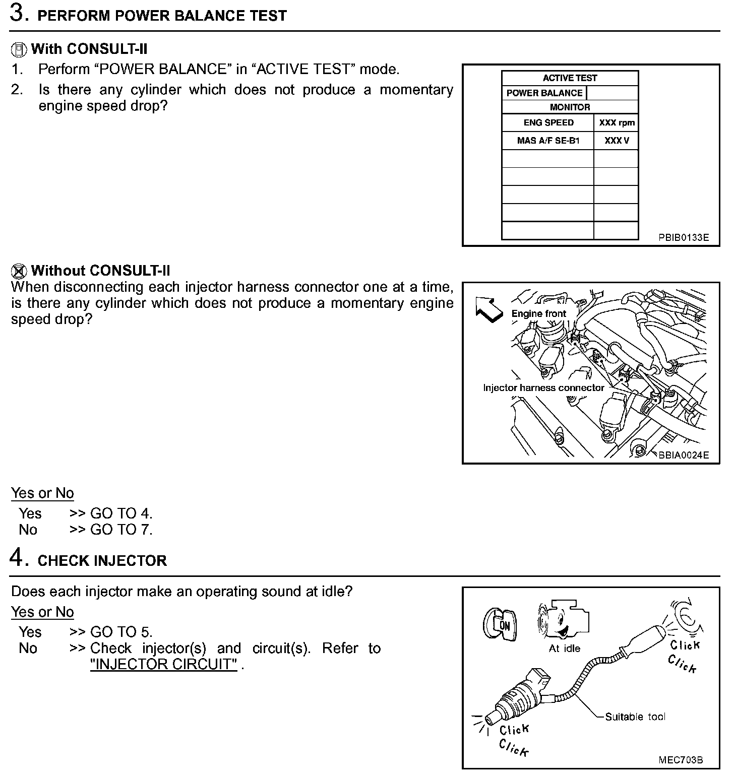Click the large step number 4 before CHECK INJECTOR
[18, 558]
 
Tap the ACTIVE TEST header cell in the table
[570, 78]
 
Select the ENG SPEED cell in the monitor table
[548, 122]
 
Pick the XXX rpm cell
[617, 122]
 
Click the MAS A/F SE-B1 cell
[548, 141]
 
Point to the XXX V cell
[617, 141]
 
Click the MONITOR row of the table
[570, 107]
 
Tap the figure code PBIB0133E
[683, 237]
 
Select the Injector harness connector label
[543, 387]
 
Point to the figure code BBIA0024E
[683, 455]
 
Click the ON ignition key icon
[500, 625]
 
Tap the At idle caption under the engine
[564, 648]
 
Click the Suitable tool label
[635, 717]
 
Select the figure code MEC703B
[681, 760]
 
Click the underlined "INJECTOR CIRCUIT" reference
[163, 664]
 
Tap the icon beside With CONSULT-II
[19, 49]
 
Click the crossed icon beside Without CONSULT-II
[19, 271]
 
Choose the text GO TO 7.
[121, 530]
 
